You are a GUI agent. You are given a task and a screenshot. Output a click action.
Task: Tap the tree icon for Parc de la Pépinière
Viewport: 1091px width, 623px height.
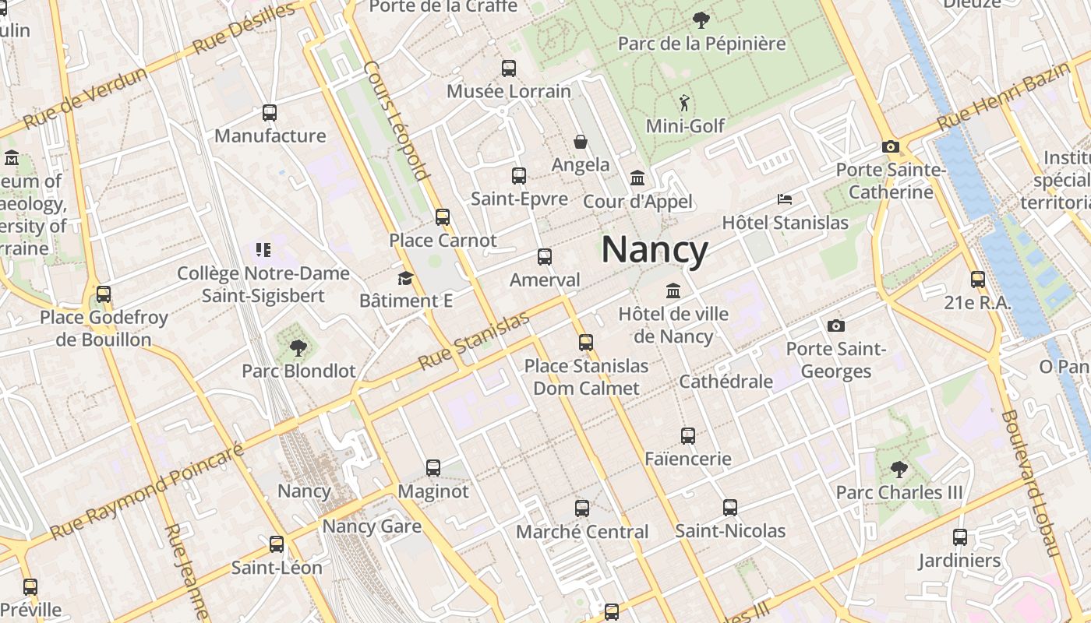701,19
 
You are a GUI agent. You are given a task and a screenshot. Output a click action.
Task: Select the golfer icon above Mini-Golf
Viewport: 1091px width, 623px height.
685,102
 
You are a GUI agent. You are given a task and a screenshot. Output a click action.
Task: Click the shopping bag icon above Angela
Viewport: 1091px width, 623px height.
581,142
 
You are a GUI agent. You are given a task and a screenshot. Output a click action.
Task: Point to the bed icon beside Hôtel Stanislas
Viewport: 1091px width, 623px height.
785,199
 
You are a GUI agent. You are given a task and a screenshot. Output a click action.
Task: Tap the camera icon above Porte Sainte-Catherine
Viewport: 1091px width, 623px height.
891,146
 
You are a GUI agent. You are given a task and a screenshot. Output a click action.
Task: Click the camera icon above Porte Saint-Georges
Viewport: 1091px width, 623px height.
836,326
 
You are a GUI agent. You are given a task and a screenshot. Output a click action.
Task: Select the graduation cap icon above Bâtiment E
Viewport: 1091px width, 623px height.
405,278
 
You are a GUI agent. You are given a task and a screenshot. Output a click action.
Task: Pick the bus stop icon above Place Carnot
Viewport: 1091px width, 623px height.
443,217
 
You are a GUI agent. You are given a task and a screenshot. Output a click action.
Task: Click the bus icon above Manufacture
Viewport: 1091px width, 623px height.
270,113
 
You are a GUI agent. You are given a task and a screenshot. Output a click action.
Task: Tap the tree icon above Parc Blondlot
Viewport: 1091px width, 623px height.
298,348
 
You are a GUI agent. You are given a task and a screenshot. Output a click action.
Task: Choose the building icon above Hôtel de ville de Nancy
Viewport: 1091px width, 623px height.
673,291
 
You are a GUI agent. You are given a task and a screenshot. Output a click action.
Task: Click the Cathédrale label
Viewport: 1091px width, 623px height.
726,382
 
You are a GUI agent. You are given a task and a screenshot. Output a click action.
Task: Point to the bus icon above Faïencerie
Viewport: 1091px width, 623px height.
687,436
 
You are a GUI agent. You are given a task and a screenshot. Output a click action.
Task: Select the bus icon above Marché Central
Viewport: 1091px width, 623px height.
582,509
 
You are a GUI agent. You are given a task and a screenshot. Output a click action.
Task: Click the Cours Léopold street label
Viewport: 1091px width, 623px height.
396,121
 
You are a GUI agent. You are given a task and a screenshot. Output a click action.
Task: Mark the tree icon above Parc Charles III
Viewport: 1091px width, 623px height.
899,469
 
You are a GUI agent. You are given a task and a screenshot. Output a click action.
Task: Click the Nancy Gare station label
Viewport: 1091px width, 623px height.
372,526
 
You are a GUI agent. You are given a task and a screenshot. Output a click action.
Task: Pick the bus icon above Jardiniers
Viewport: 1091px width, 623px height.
959,537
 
